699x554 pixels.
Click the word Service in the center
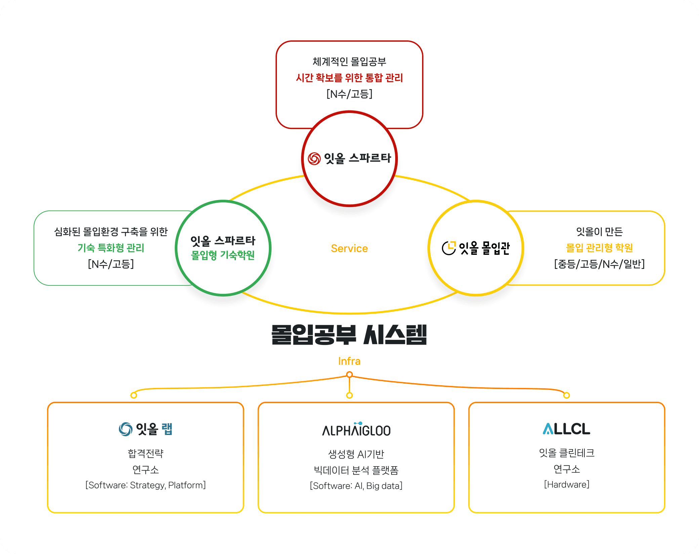349,248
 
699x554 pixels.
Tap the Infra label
349,361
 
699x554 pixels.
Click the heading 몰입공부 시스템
349,334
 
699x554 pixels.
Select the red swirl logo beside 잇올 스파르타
314,159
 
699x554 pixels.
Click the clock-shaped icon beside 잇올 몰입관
449,248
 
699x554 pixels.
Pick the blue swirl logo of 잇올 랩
125,429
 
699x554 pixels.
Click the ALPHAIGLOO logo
356,430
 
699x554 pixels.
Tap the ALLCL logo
566,429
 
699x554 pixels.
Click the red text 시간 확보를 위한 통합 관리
349,78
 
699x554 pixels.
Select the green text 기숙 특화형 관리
111,248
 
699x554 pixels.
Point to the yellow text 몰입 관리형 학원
599,248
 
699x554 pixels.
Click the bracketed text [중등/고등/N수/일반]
599,264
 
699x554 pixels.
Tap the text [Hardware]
567,484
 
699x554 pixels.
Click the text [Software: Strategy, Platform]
146,485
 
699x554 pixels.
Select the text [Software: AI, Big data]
356,486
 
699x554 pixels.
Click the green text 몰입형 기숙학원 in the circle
223,255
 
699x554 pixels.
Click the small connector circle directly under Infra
349,374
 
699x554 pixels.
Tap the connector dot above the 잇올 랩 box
134,395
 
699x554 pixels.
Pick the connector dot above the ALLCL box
567,395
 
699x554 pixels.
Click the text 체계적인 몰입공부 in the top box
349,62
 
